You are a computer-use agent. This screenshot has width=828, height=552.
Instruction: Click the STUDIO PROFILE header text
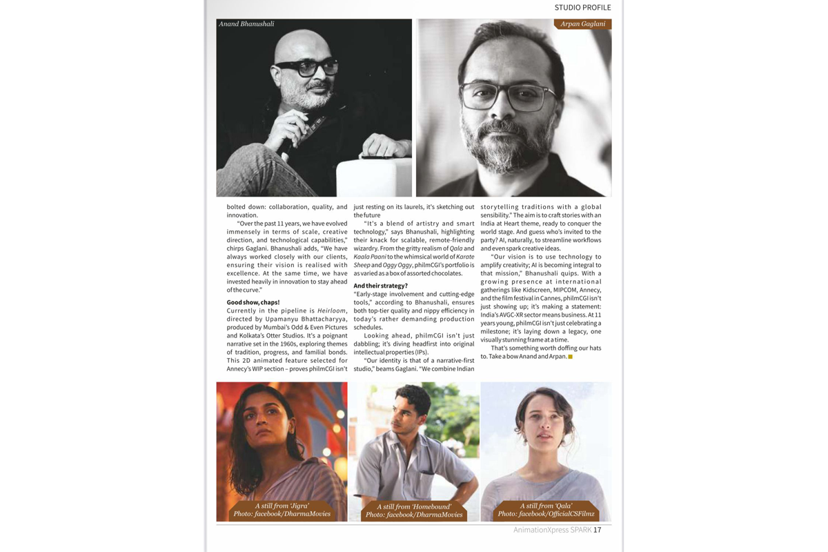(x=582, y=8)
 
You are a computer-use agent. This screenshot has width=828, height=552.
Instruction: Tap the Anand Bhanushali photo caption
(x=246, y=24)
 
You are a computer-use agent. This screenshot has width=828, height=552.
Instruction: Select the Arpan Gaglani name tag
(x=582, y=24)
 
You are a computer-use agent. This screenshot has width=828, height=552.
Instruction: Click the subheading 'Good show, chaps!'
(x=253, y=302)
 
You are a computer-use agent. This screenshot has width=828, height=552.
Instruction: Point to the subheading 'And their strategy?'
(x=380, y=286)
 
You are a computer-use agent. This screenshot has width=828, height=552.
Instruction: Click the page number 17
(x=598, y=530)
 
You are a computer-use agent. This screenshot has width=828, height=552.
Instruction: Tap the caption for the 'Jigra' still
(x=282, y=510)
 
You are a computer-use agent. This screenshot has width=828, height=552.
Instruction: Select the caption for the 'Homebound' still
(x=414, y=511)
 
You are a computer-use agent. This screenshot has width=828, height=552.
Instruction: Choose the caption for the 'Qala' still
(x=546, y=510)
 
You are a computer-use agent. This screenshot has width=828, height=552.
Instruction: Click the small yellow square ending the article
(x=571, y=357)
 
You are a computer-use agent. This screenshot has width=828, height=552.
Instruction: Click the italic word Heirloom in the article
(x=331, y=311)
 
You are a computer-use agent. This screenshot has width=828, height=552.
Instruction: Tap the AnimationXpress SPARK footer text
(x=552, y=530)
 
